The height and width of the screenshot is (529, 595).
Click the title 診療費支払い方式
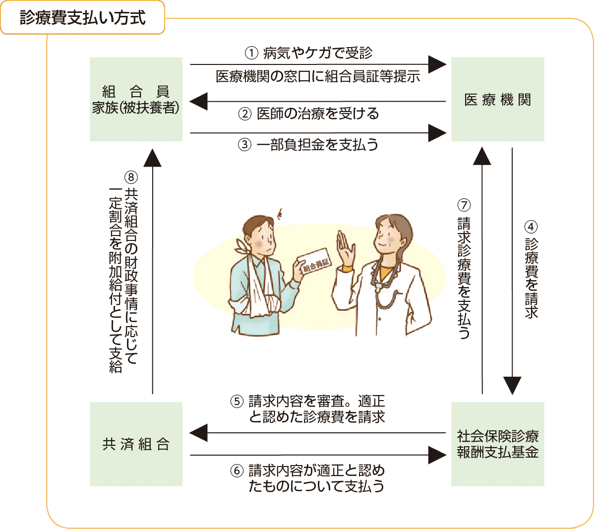pos(82,18)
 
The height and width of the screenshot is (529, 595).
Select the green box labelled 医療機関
pos(497,99)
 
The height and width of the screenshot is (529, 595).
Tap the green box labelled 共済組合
pos(136,444)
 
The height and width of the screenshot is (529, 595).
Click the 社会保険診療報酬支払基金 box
pos(497,444)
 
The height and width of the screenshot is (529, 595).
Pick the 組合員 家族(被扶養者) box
pos(136,99)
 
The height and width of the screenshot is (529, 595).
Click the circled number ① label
pos(251,54)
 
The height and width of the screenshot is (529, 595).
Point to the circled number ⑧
pos(131,177)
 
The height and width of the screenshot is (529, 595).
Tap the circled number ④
pos(531,227)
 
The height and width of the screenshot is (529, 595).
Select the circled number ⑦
pos(464,205)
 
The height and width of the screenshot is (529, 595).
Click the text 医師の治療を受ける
pos(318,114)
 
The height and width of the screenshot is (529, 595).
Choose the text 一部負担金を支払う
pos(317,145)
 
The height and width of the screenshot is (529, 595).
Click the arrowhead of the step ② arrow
pos(198,101)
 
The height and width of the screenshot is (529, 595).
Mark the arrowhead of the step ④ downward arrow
pos(512,385)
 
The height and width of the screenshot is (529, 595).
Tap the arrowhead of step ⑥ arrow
pos(437,455)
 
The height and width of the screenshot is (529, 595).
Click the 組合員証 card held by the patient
pos(314,262)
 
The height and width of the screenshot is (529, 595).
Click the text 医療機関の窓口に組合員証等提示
pos(318,76)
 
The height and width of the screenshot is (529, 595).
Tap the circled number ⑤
pos(237,402)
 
